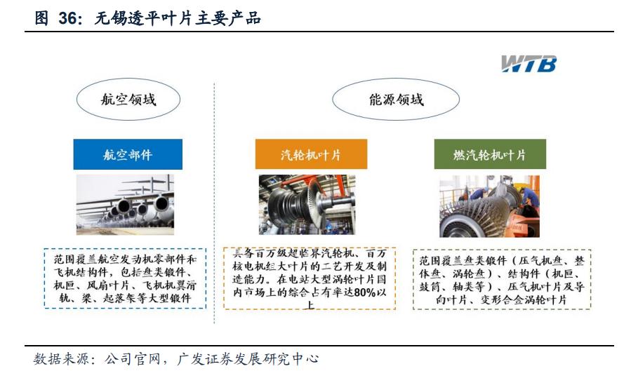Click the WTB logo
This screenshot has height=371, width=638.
click(x=529, y=64)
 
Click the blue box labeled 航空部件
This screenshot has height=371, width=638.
click(x=128, y=154)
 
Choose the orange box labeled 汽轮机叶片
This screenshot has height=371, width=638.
click(x=310, y=154)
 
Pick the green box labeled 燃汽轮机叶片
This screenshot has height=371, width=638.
click(x=489, y=154)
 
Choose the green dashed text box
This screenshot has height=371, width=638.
click(x=501, y=279)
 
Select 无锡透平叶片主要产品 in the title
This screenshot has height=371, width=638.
click(x=178, y=19)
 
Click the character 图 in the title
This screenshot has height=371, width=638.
click(x=42, y=19)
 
